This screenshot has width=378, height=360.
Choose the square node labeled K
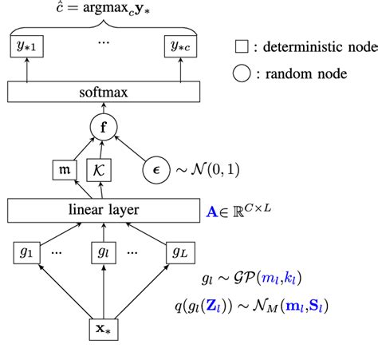click(101, 169)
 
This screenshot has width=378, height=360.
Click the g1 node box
click(26, 251)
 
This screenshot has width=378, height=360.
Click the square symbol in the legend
click(242, 46)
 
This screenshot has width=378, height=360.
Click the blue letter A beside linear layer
click(212, 210)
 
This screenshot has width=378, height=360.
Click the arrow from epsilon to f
click(130, 148)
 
